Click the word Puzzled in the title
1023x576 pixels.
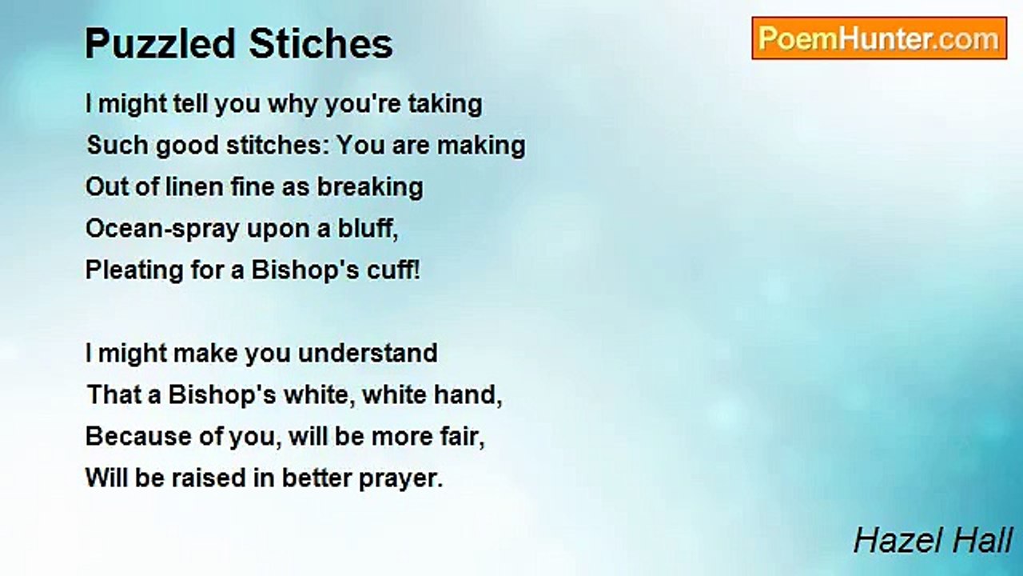pyautogui.click(x=160, y=44)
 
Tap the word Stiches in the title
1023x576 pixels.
pyautogui.click(x=320, y=44)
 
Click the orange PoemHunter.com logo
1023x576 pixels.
pyautogui.click(x=879, y=38)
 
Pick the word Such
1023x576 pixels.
pyautogui.click(x=117, y=145)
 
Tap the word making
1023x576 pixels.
pyautogui.click(x=481, y=146)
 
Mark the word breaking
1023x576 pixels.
pyautogui.click(x=370, y=188)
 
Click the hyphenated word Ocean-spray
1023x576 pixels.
pyautogui.click(x=162, y=229)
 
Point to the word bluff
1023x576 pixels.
pyautogui.click(x=368, y=228)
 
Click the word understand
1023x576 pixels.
pyautogui.click(x=368, y=353)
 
